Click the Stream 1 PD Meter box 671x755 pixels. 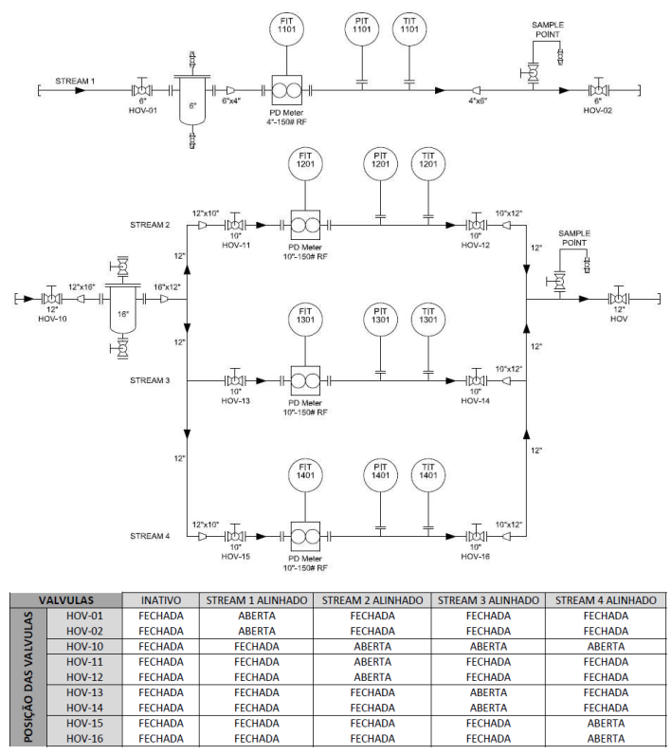tap(286, 90)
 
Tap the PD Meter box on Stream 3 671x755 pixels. tap(305, 381)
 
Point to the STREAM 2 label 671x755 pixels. tap(150, 225)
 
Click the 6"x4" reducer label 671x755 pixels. tap(231, 101)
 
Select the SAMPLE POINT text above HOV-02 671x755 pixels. tap(548, 29)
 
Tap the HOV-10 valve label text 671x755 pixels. tap(52, 319)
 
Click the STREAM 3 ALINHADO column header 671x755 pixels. tap(488, 600)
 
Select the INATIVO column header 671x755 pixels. tap(161, 600)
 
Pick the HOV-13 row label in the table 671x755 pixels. tap(84, 692)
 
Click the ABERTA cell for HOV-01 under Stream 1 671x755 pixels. tap(257, 616)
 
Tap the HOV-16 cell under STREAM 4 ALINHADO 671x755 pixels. tap(606, 739)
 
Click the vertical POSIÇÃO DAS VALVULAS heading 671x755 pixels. tap(28, 677)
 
